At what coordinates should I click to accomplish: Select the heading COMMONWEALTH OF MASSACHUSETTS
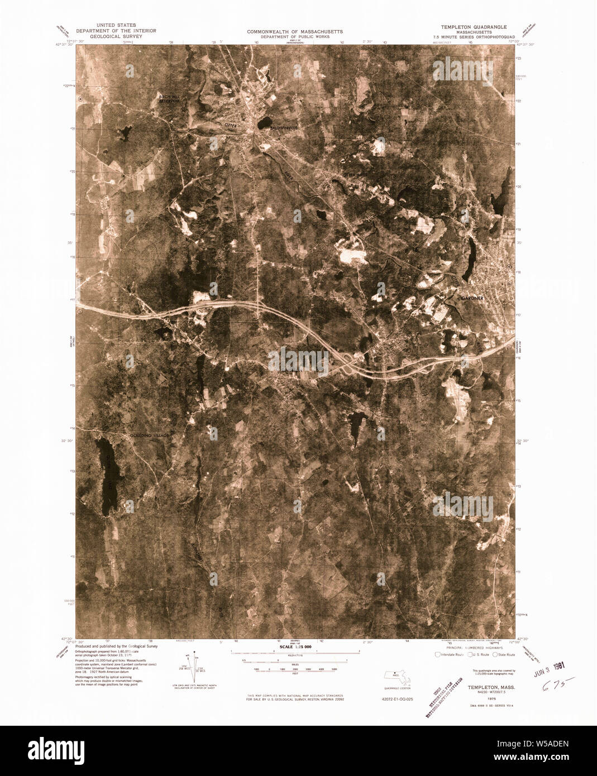point(295,31)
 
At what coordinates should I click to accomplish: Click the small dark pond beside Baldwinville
point(264,121)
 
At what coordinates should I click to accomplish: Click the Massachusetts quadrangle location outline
point(398,677)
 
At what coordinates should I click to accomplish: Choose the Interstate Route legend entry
point(450,654)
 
